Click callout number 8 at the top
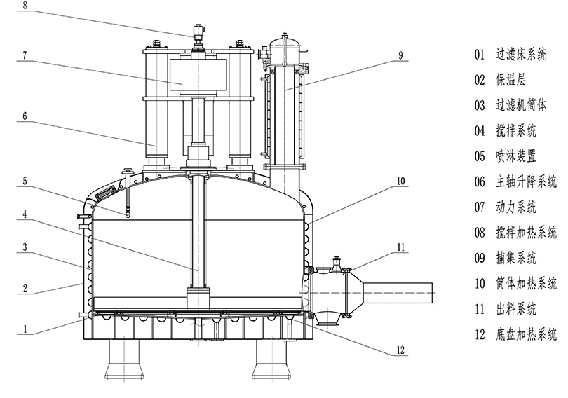click(25, 5)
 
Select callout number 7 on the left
click(25, 53)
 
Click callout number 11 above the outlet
click(400, 246)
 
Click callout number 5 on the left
click(25, 180)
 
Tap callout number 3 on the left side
click(25, 247)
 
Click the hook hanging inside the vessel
click(128, 214)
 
